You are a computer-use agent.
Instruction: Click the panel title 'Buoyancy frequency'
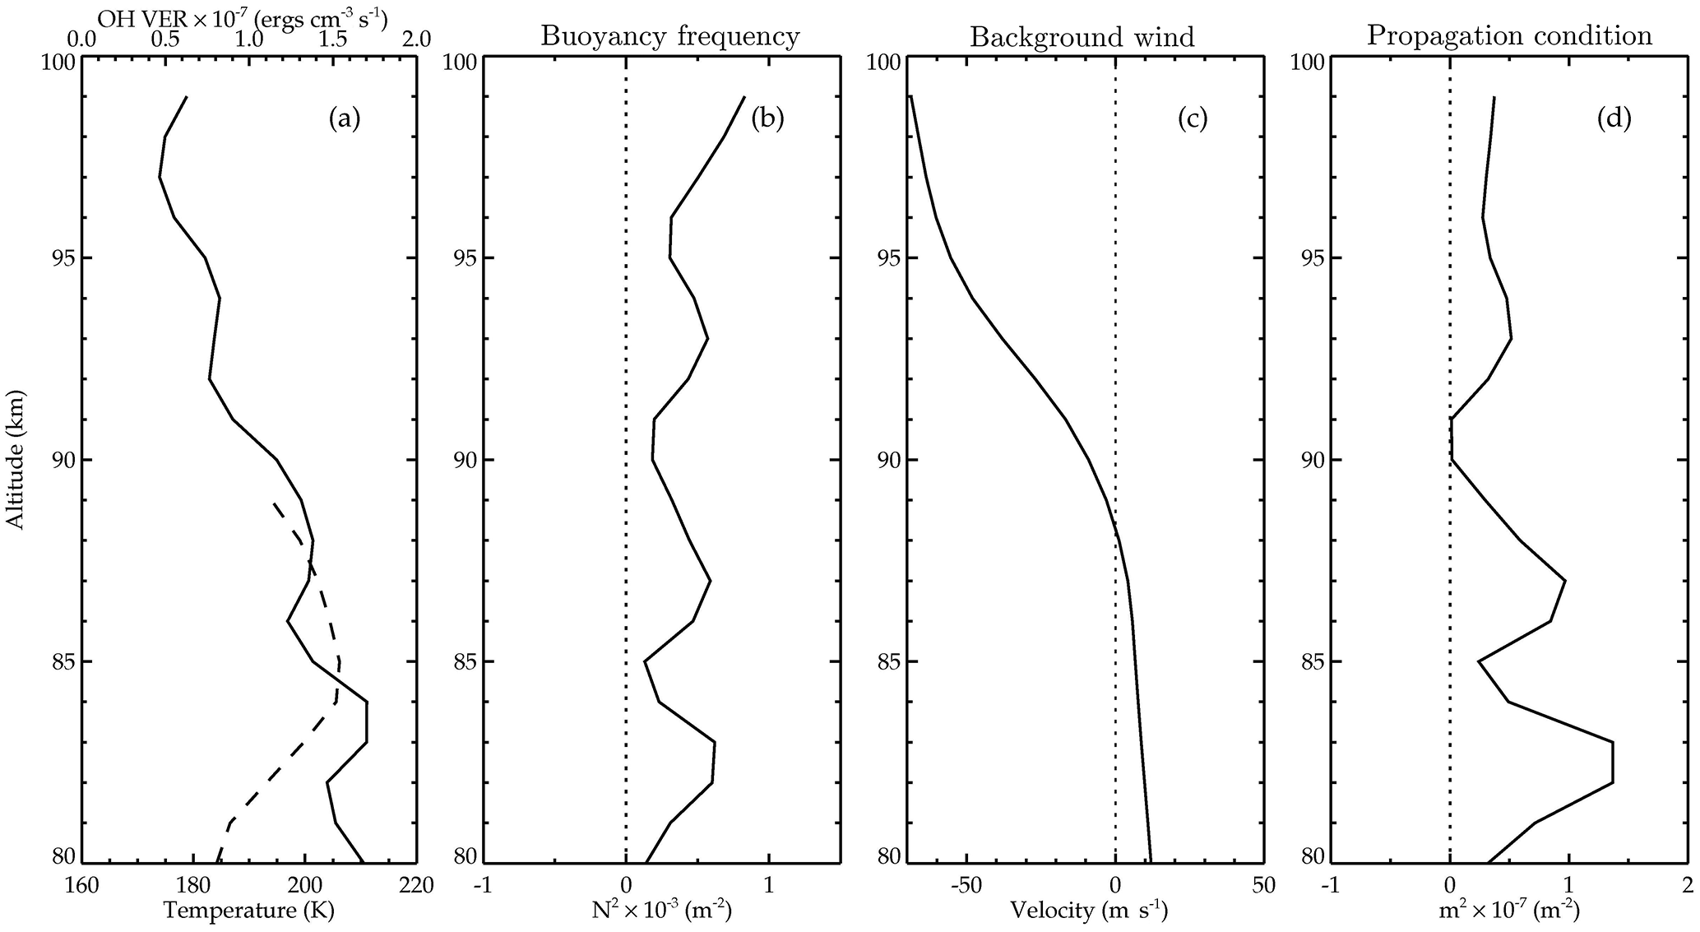669,36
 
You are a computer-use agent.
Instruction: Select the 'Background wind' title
1082,37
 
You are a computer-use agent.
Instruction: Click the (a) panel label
345,119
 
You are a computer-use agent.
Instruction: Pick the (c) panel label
1192,119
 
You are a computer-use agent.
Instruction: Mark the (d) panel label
1614,119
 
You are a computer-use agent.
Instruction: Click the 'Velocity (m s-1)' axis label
1088,911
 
